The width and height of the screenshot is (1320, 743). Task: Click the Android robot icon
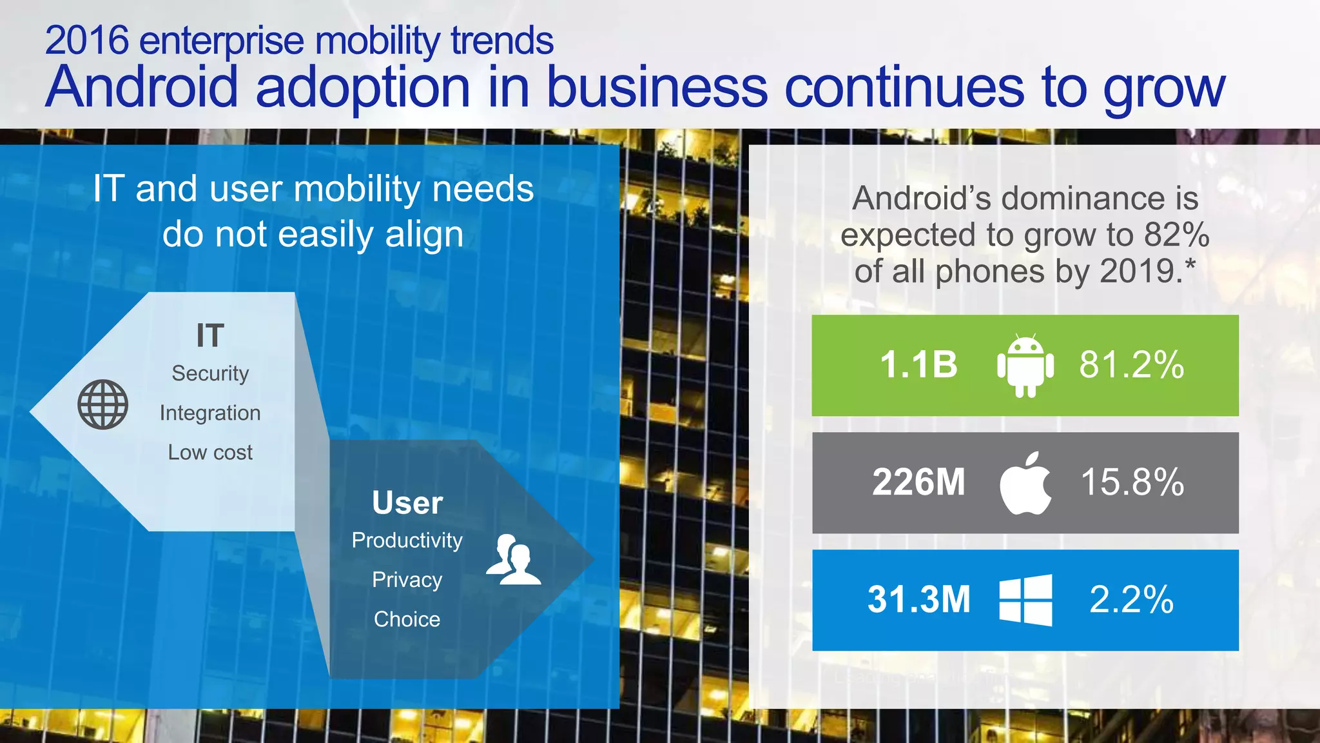(1025, 365)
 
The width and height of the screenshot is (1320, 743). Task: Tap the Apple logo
(1025, 483)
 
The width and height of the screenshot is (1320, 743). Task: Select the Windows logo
(1025, 600)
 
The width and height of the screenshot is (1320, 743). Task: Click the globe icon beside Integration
(103, 404)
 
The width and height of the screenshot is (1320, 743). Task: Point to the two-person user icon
(514, 560)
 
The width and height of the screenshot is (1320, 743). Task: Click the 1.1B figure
(918, 364)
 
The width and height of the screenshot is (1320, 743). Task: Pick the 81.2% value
(1132, 364)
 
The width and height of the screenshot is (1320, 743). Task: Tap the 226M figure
(918, 482)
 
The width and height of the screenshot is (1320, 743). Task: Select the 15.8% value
(1132, 482)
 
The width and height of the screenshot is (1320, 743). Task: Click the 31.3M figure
(918, 599)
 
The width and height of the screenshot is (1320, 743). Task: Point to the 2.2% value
(1131, 599)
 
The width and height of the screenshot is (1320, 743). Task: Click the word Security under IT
(210, 373)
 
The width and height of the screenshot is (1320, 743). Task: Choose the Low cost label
(210, 452)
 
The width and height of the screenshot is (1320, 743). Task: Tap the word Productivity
(407, 540)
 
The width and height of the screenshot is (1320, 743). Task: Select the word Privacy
(407, 579)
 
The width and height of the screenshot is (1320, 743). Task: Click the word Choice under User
(407, 619)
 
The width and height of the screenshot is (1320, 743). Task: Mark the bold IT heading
(210, 336)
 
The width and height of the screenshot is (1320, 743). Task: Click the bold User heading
(407, 503)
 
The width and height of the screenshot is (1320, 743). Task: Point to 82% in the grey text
(1176, 235)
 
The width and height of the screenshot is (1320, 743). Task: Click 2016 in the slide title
(87, 40)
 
